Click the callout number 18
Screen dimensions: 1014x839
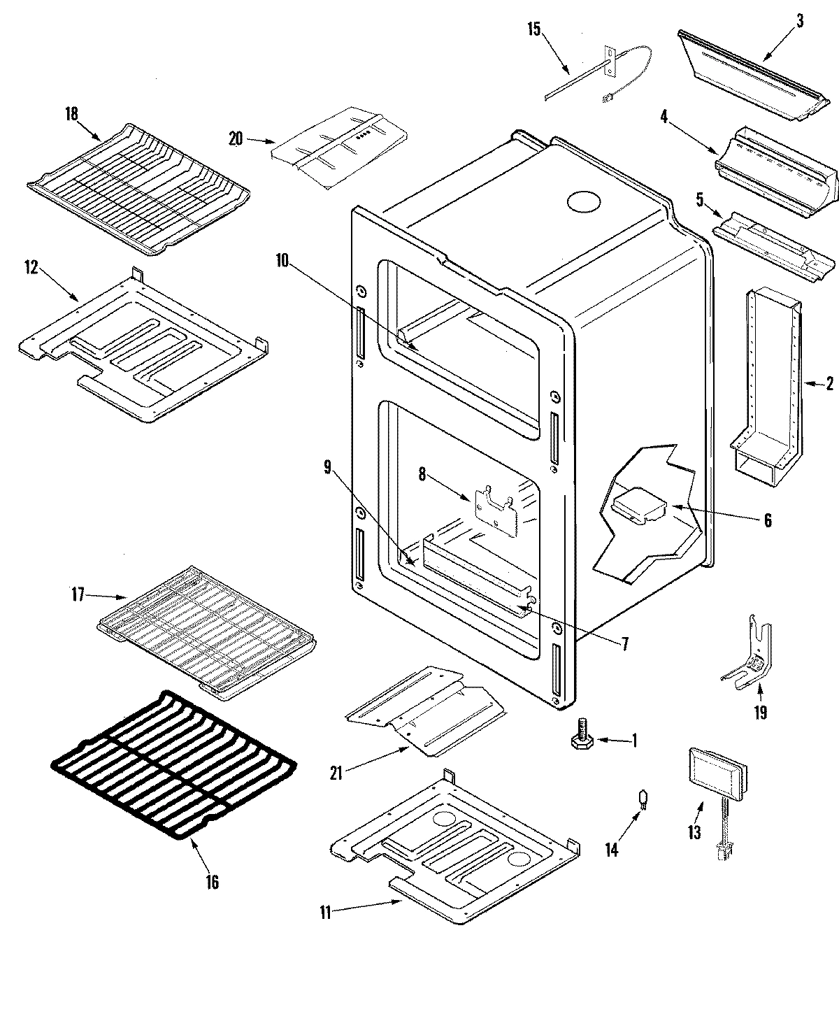click(72, 114)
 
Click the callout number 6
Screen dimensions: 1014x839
click(767, 520)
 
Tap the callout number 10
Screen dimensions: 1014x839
click(282, 261)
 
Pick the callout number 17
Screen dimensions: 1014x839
click(77, 595)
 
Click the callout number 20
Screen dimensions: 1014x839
click(236, 138)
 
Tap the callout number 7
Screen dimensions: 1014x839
click(624, 643)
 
